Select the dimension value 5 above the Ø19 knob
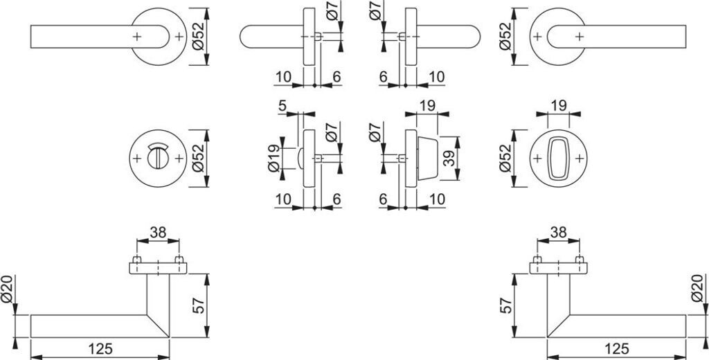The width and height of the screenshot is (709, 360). click(282, 107)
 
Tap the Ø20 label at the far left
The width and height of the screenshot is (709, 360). click(8, 289)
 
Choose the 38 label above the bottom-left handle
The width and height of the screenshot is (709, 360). click(158, 234)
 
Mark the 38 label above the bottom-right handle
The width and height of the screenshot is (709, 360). click(557, 234)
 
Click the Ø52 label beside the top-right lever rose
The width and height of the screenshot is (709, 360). click(505, 36)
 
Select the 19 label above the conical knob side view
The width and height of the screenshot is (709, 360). click(428, 106)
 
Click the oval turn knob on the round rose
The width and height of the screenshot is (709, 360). click(557, 158)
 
